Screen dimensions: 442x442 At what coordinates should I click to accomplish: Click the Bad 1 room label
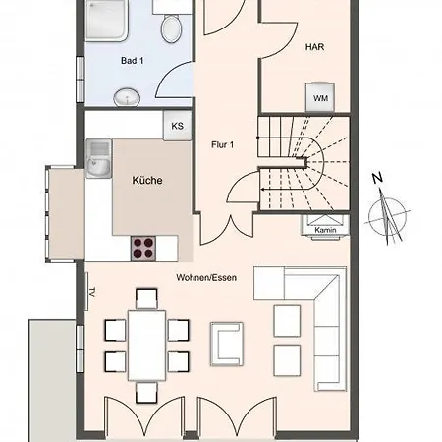132,61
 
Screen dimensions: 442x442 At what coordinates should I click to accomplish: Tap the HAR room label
314,47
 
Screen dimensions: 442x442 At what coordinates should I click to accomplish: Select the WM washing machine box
320,97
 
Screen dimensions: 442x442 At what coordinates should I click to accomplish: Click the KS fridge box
177,126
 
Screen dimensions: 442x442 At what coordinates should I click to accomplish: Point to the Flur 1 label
223,144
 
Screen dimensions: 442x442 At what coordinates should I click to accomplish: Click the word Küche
147,180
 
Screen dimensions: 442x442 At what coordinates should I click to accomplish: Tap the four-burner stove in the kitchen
143,249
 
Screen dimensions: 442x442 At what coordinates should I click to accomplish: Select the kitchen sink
98,158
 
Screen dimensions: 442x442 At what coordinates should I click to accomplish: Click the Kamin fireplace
325,225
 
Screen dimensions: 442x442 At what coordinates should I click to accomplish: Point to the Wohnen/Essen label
206,278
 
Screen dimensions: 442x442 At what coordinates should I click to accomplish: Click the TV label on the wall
92,292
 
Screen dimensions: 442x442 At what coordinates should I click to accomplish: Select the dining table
146,346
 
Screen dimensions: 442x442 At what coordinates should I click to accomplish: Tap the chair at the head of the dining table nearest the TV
146,299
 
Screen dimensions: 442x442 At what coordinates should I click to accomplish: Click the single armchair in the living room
227,344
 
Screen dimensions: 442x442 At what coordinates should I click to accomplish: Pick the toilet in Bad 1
172,29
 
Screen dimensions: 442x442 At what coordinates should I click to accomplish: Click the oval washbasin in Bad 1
127,97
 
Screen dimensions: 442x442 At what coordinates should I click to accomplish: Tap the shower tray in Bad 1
106,21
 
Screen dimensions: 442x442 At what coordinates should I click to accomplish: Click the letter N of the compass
377,178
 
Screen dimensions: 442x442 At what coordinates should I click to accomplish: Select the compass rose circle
388,217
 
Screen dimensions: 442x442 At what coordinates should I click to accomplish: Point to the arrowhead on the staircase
262,189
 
